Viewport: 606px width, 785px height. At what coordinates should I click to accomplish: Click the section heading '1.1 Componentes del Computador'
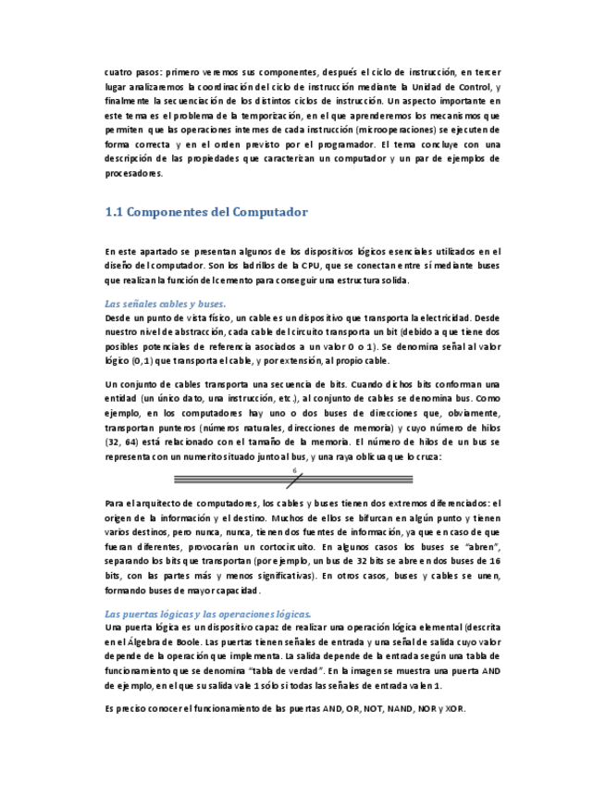(x=206, y=212)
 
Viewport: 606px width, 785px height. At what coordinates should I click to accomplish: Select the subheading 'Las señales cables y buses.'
(x=165, y=304)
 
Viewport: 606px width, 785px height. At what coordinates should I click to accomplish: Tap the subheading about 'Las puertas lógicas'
(x=208, y=613)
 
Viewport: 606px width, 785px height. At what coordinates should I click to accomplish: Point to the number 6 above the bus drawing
(x=294, y=471)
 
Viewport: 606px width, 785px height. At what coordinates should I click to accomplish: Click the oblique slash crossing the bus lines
(x=294, y=480)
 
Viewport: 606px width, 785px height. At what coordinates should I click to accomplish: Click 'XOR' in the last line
(x=454, y=708)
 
